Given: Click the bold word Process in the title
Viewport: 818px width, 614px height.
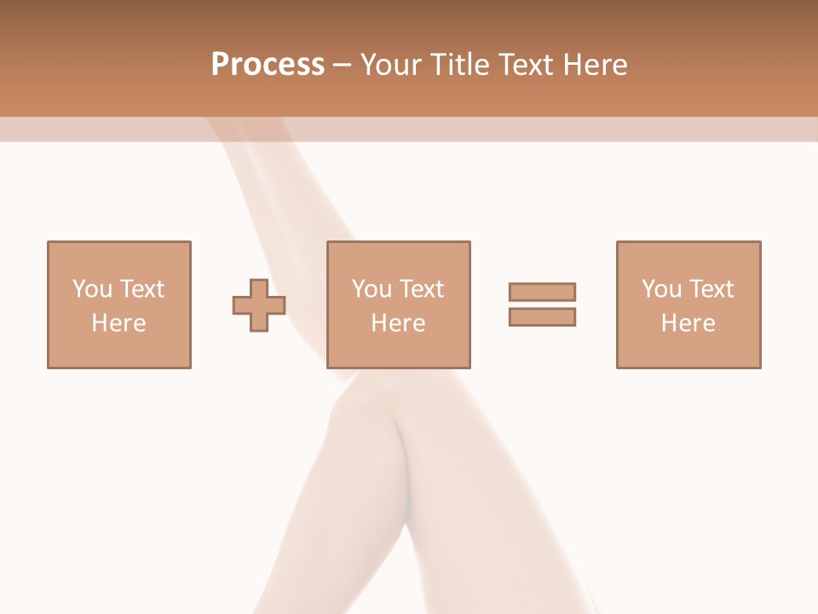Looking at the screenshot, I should click(268, 65).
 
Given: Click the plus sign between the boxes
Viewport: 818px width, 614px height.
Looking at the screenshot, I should click(259, 305).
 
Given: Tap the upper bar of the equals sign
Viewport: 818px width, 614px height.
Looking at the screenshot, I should click(542, 292).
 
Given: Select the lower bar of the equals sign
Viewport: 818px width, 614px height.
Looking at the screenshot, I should click(542, 316).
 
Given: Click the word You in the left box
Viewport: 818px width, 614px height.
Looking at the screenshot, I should click(91, 289).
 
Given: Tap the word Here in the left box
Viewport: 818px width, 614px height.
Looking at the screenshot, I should click(118, 323).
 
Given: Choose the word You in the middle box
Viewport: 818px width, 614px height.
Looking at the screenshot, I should click(372, 289).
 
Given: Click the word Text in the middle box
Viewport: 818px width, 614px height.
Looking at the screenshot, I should click(421, 289).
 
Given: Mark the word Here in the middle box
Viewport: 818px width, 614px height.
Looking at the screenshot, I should click(398, 323).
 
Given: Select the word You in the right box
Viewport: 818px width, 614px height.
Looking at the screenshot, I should click(661, 289).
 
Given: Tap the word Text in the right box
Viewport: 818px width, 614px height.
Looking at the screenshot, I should click(711, 289).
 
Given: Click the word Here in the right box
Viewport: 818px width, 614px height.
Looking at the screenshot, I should click(688, 323).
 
